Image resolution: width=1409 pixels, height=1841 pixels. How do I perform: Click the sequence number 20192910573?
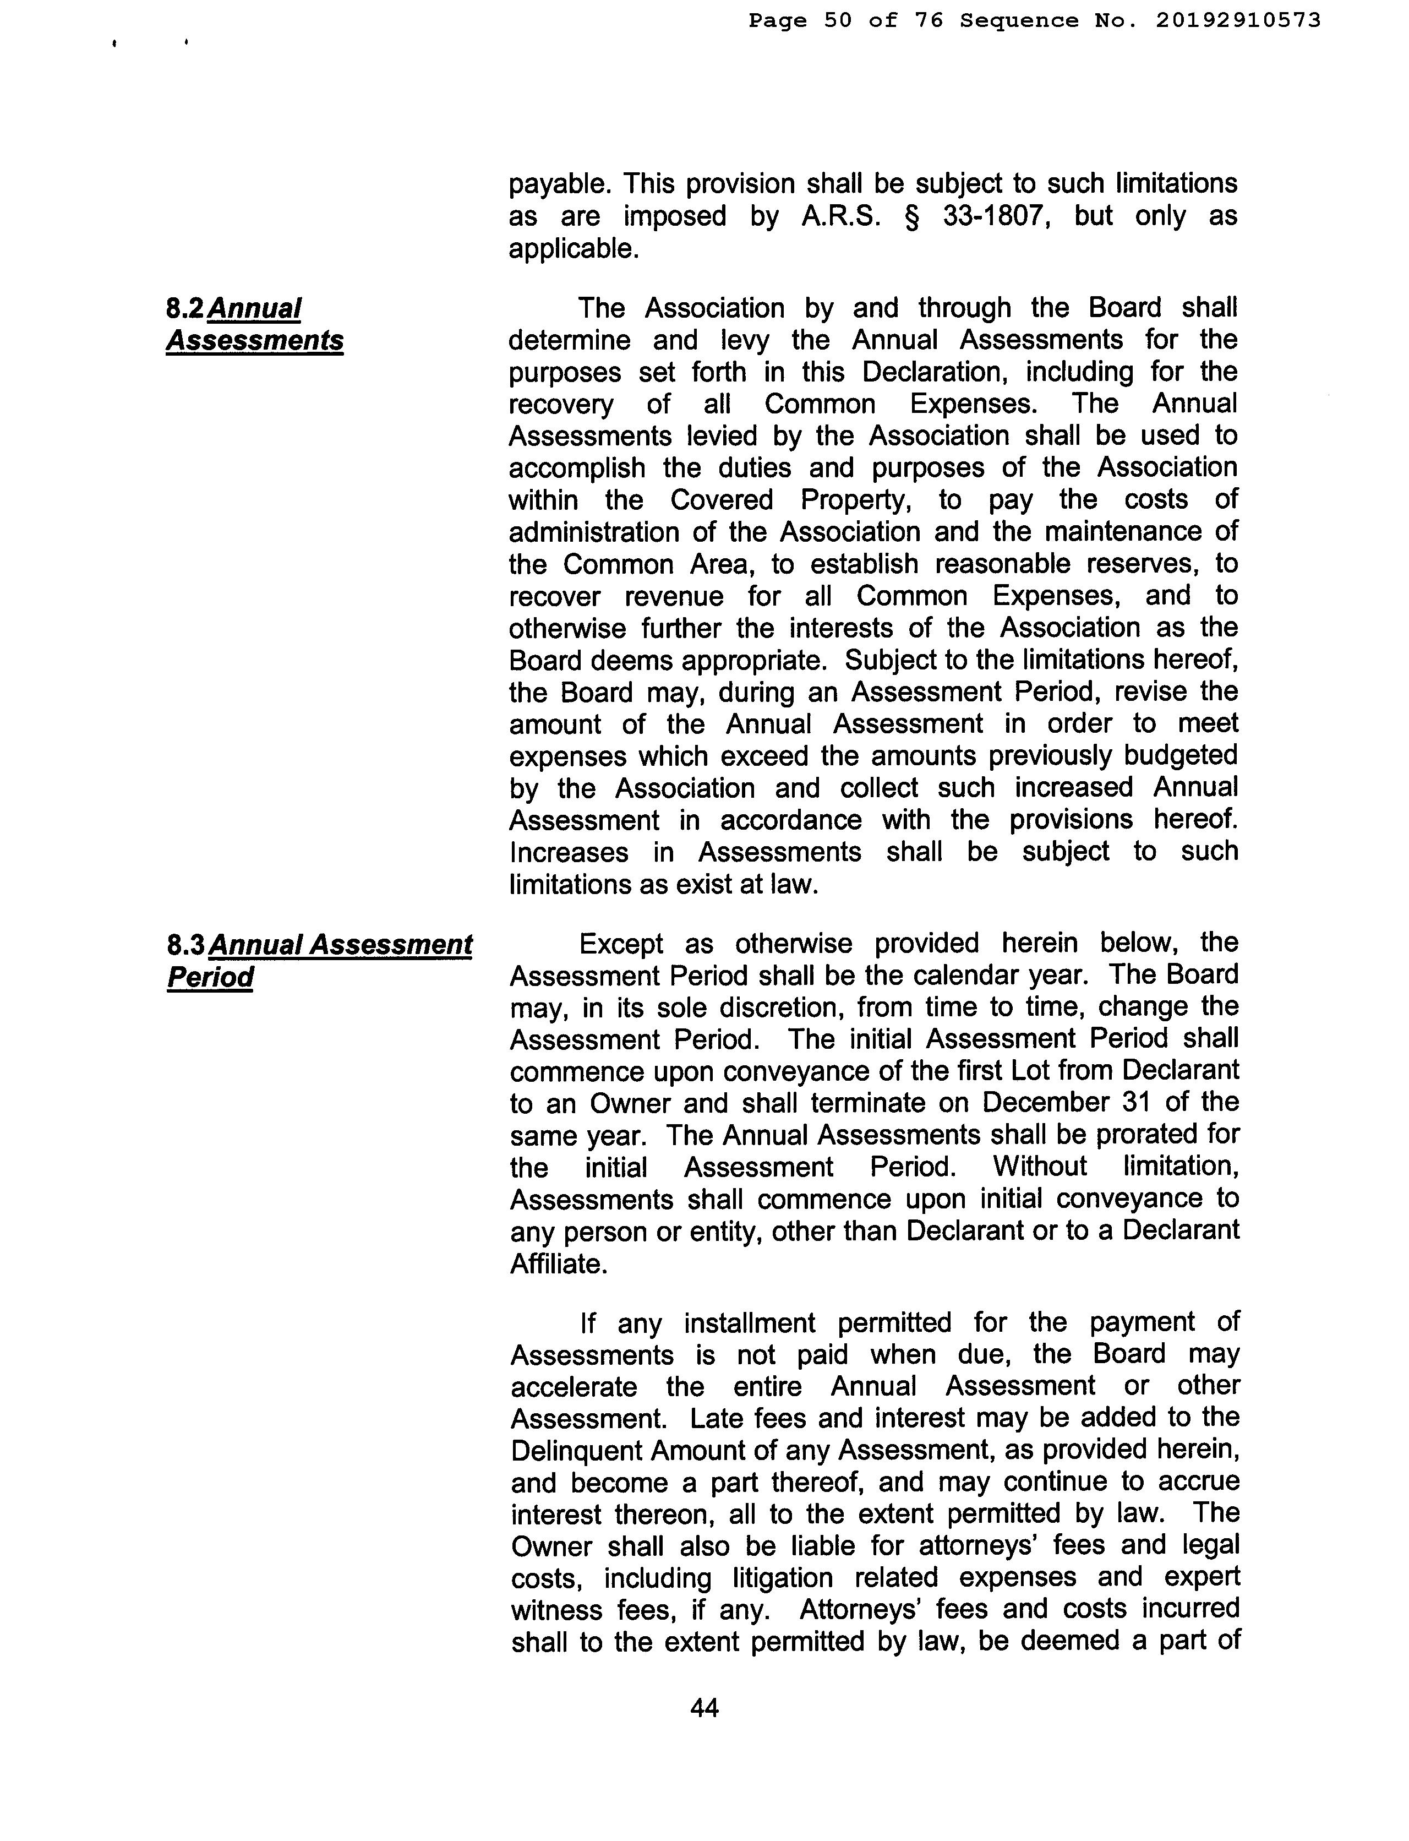click(1237, 20)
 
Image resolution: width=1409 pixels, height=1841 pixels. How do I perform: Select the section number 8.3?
click(186, 945)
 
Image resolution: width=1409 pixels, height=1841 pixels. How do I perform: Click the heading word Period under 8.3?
click(210, 977)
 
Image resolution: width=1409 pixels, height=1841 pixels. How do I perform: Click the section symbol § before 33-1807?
click(913, 216)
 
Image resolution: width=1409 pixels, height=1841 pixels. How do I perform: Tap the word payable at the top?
click(555, 184)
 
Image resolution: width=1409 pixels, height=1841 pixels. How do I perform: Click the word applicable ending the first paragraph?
click(574, 248)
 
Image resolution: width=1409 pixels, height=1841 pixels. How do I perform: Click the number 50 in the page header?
click(837, 20)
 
